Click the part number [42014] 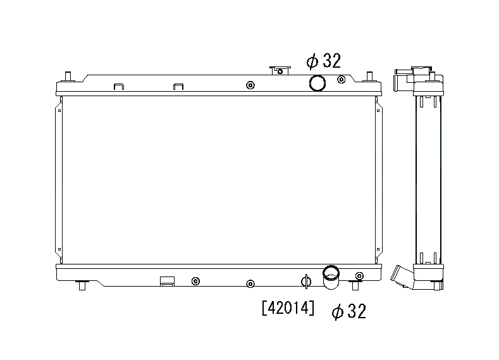[x=288, y=308]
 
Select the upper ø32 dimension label [x=324, y=61]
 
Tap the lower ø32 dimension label [x=349, y=311]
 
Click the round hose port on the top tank [x=317, y=83]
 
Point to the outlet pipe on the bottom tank [x=331, y=277]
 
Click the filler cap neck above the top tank [x=280, y=70]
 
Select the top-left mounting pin [x=68, y=77]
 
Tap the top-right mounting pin [x=369, y=77]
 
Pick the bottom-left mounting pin [x=82, y=285]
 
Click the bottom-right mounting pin [x=355, y=285]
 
